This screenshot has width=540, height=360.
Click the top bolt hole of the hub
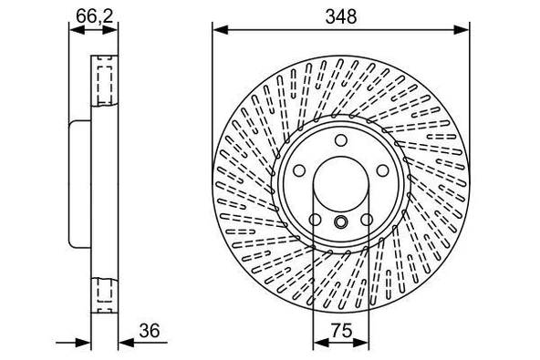coord(339,140)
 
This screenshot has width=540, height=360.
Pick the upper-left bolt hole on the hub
coord(298,170)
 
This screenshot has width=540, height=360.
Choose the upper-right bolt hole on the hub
coord(380,170)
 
